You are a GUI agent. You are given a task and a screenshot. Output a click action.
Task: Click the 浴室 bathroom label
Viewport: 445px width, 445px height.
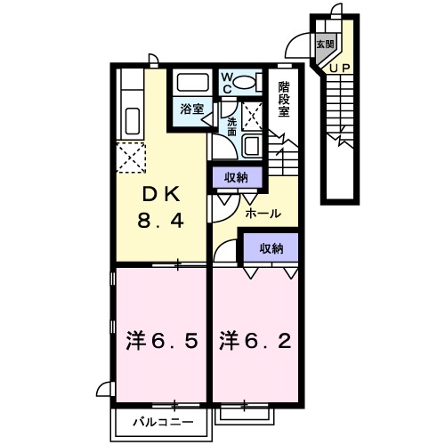[x=191, y=109]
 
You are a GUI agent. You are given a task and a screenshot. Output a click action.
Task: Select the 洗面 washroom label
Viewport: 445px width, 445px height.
[x=231, y=125]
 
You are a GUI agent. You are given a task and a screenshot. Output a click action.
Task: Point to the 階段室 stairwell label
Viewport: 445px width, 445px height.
[x=284, y=100]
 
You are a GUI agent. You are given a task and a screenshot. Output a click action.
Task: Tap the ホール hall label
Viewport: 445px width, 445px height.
[x=263, y=214]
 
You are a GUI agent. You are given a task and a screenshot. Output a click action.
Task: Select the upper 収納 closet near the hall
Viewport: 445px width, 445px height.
[x=237, y=177]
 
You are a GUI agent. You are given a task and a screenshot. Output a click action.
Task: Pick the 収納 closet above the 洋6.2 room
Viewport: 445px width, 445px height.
[x=271, y=248]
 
